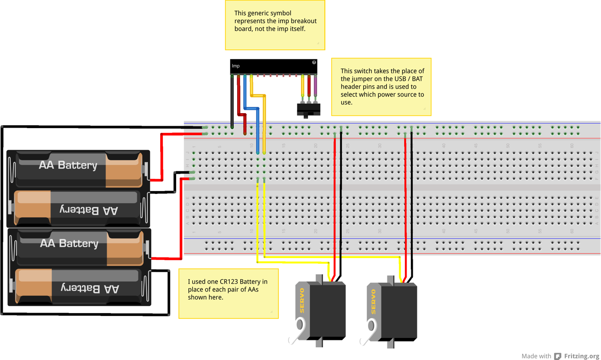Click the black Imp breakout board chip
(x=273, y=66)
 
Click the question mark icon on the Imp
(x=314, y=62)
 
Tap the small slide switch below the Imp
(x=308, y=110)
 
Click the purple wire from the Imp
(x=316, y=87)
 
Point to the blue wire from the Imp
(x=245, y=94)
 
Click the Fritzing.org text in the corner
(x=581, y=356)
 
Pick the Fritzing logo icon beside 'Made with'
(x=558, y=356)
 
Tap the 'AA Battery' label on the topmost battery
(x=68, y=165)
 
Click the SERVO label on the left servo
(x=302, y=300)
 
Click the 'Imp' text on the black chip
(x=236, y=66)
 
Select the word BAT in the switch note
(x=417, y=79)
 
